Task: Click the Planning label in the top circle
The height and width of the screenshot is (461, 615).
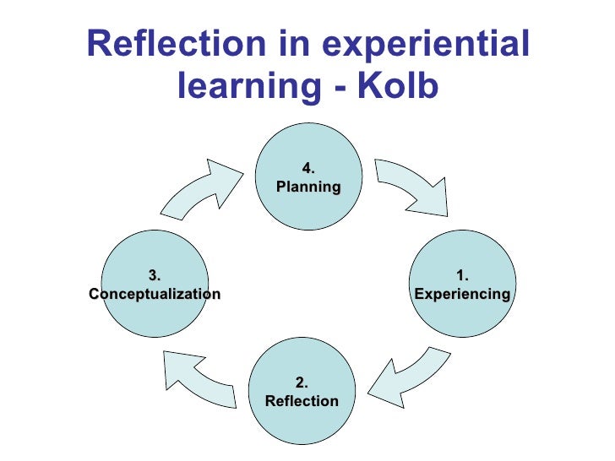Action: [308, 187]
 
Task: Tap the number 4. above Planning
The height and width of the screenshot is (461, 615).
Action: [308, 168]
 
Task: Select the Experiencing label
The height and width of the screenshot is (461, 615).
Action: [462, 295]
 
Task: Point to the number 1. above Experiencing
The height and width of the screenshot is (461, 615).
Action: [462, 275]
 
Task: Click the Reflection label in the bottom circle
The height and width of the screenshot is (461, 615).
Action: [302, 401]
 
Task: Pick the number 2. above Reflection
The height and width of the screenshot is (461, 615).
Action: [302, 382]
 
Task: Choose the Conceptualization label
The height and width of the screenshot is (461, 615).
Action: [155, 295]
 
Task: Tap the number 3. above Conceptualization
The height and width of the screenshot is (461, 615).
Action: [155, 275]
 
